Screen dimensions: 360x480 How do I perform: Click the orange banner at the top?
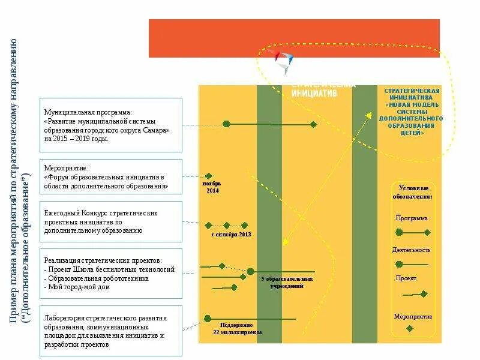(294, 38)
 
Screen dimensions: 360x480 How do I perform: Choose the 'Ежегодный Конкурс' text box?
(111, 221)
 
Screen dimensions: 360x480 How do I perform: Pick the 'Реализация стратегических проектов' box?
(111, 274)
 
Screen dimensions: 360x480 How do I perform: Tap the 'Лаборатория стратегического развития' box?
(111, 331)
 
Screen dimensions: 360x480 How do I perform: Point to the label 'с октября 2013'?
(231, 234)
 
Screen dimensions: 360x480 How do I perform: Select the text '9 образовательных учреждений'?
(287, 283)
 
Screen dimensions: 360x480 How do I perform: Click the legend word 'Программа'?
(412, 218)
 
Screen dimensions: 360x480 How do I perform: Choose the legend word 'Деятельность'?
(412, 250)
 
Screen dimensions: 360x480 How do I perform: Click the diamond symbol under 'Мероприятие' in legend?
(410, 328)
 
